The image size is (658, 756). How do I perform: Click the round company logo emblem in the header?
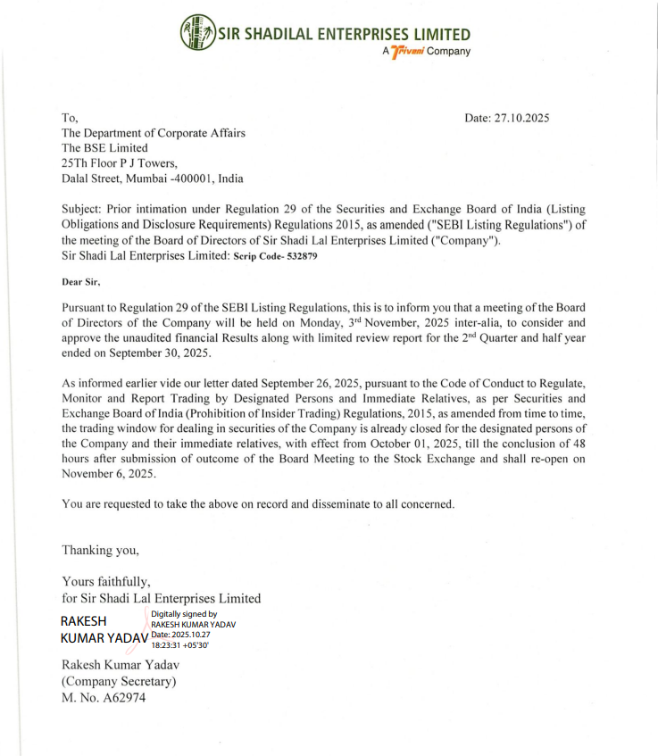[x=197, y=33]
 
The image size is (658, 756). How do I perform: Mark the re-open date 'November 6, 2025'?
[x=109, y=475]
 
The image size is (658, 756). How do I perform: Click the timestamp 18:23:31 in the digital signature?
[x=171, y=644]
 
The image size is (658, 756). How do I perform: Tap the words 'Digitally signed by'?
[x=184, y=614]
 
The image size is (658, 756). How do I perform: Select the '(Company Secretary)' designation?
[x=119, y=682]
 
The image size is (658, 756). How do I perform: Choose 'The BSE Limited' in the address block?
[x=104, y=147]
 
